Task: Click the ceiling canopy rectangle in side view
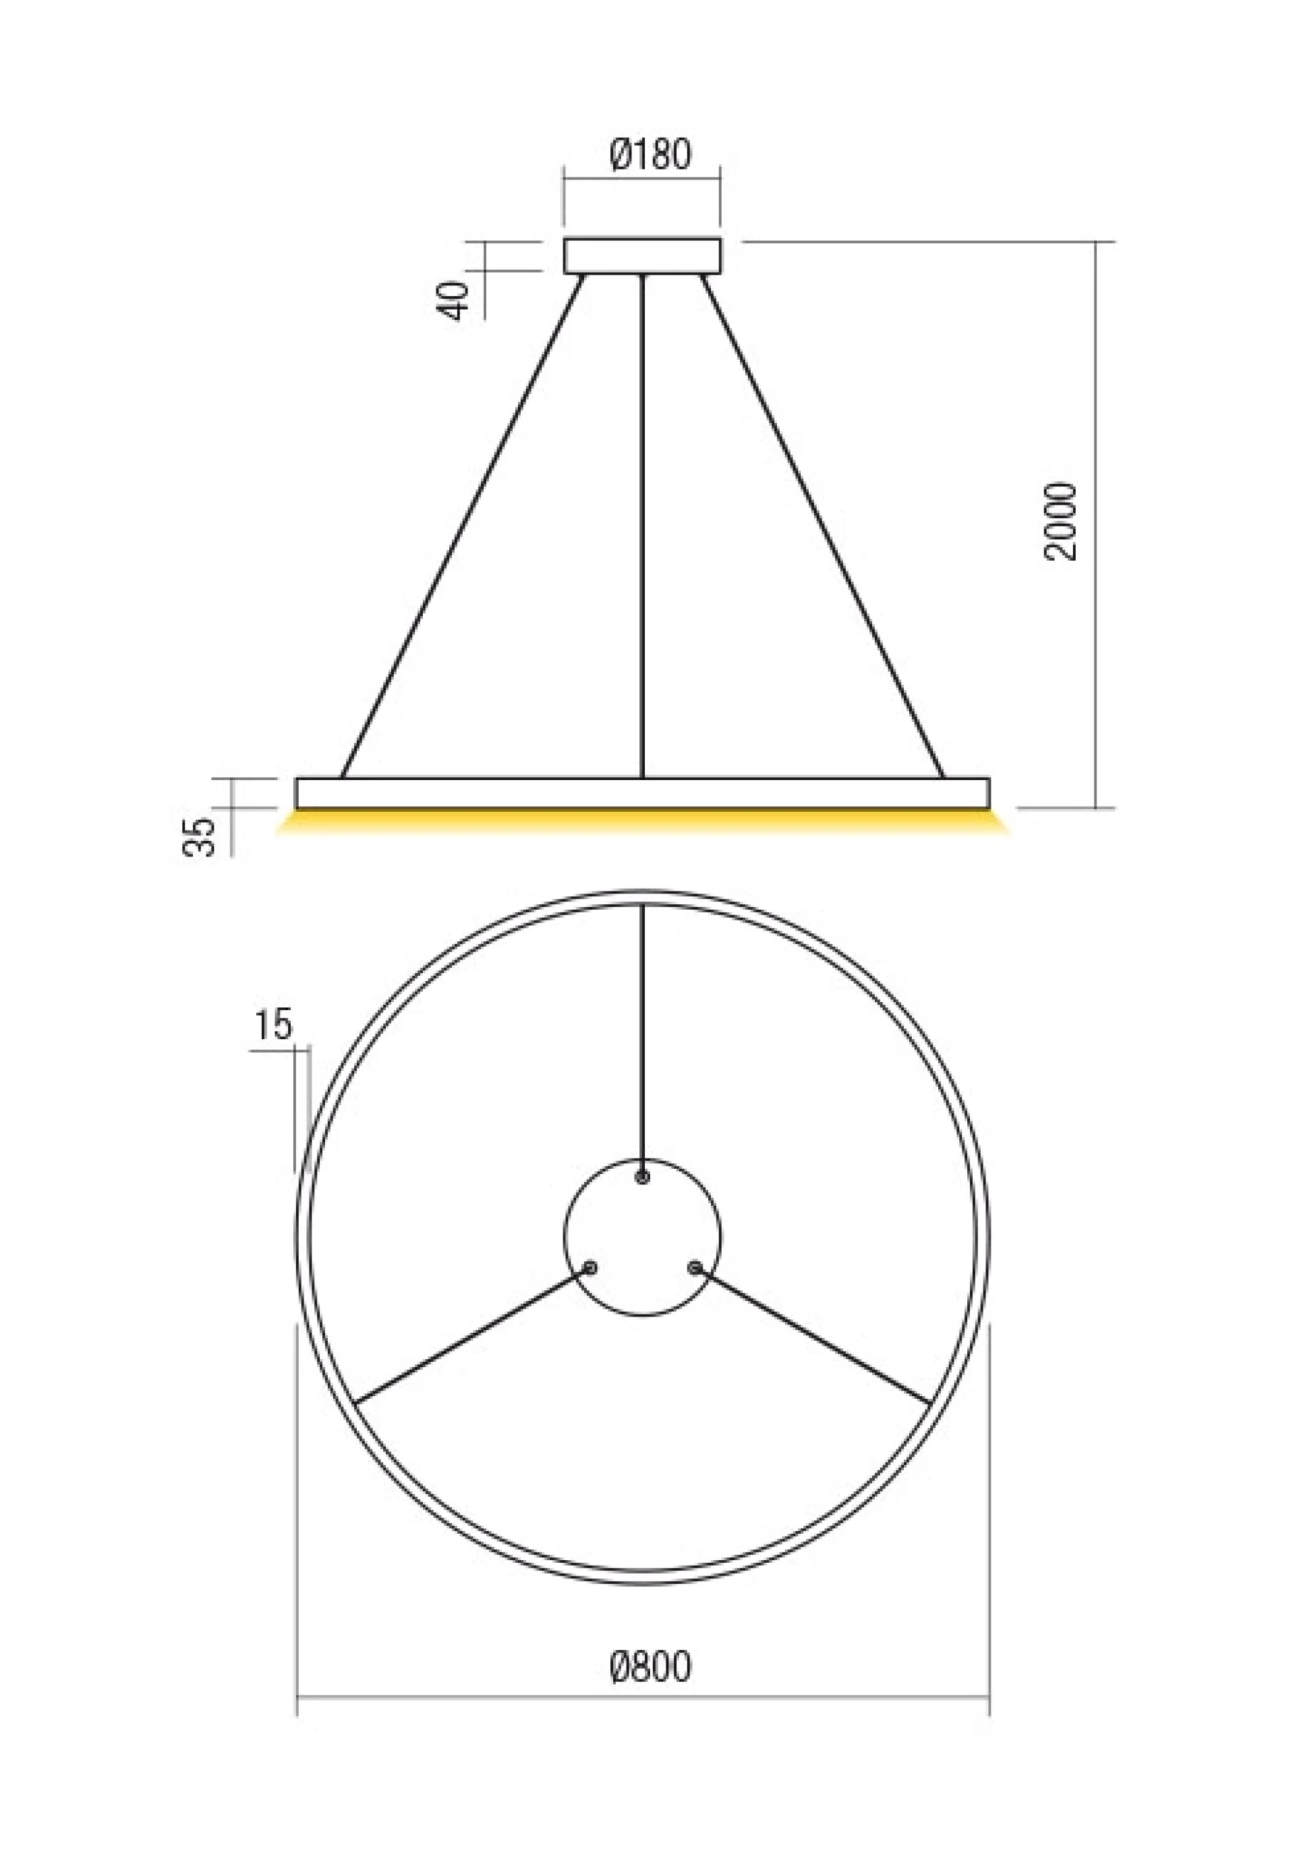point(641,256)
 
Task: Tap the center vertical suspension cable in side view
point(641,526)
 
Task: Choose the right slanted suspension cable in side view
point(823,526)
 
